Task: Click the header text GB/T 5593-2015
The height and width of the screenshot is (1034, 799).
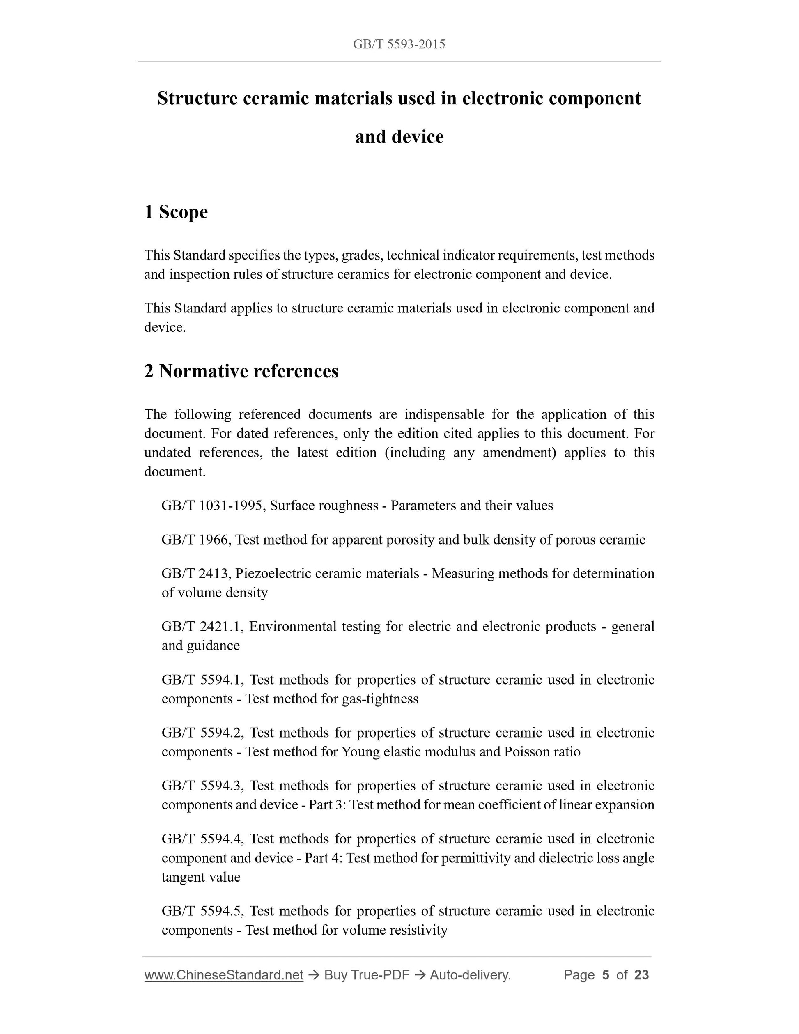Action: [x=399, y=44]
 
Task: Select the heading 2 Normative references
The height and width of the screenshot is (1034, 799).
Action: [x=241, y=371]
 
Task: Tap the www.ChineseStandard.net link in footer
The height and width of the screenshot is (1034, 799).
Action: [x=223, y=975]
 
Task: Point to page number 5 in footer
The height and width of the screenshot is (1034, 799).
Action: [x=605, y=975]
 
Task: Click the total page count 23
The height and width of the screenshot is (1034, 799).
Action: [x=641, y=975]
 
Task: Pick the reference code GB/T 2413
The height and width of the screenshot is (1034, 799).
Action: [x=195, y=574]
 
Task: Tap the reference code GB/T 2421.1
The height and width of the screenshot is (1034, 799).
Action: [x=202, y=627]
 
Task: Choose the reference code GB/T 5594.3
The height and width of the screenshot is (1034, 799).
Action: [x=202, y=786]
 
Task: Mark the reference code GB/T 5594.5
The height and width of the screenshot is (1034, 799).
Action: [x=202, y=911]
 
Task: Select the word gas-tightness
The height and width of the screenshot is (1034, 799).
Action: [x=380, y=699]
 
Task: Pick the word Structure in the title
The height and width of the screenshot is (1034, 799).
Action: [x=197, y=99]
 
